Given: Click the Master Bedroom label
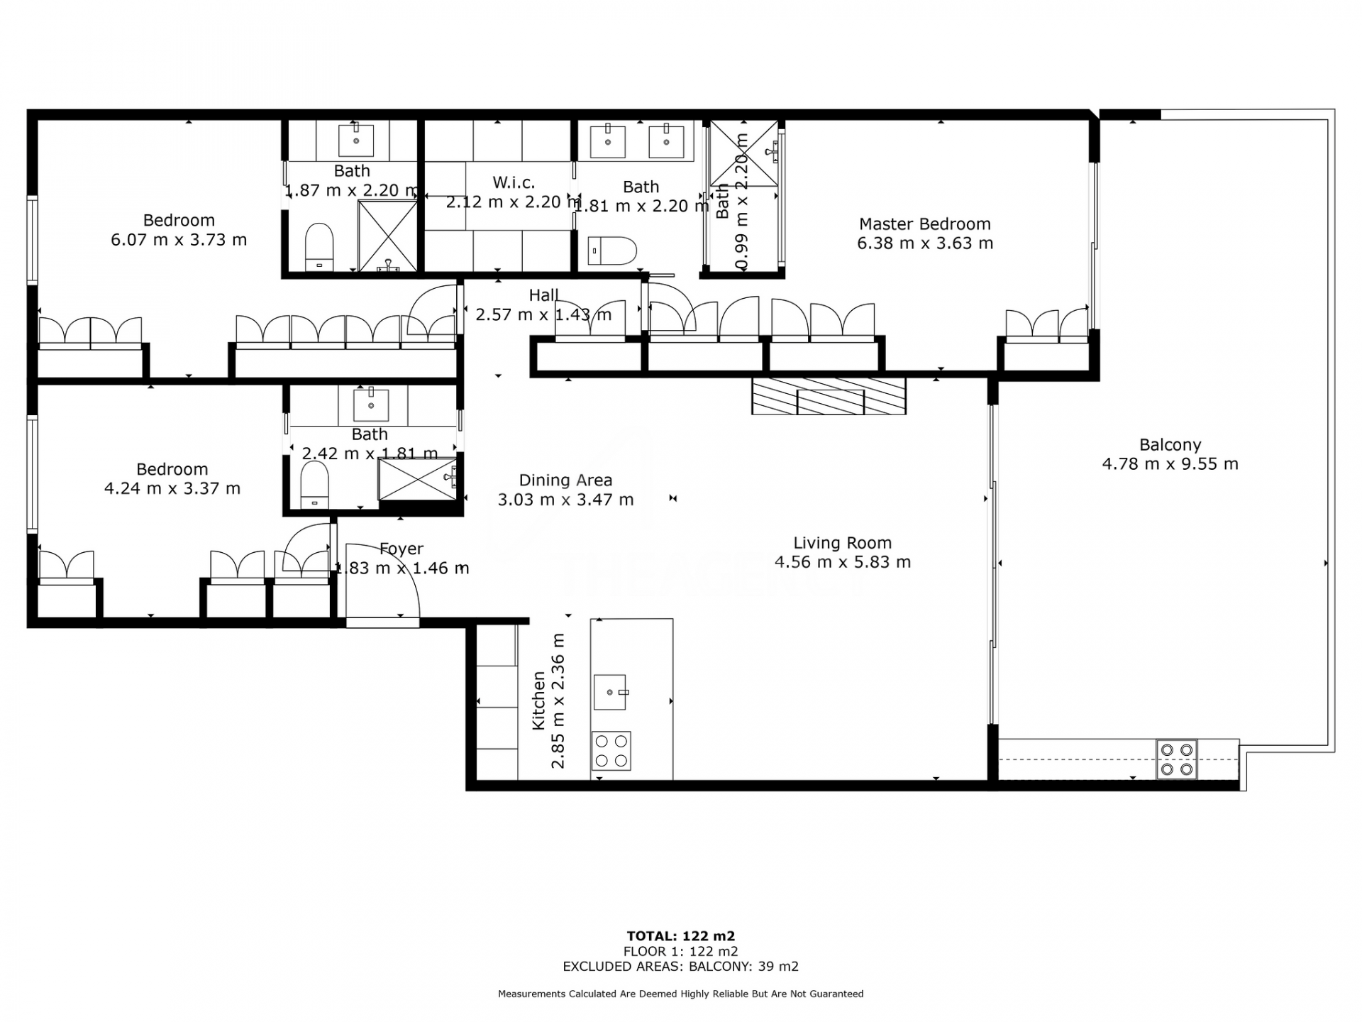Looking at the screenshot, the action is click(x=925, y=224).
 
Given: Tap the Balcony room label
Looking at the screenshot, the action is click(x=1170, y=445).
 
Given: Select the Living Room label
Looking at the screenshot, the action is click(x=842, y=543).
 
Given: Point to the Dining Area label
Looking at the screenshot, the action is click(x=565, y=480).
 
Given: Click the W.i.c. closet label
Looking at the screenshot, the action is click(x=514, y=182).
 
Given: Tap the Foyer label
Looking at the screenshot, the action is click(x=402, y=549).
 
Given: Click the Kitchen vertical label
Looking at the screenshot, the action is click(x=538, y=701).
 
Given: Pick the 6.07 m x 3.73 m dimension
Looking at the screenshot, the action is click(x=179, y=240).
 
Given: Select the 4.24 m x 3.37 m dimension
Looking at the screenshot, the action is click(x=172, y=488).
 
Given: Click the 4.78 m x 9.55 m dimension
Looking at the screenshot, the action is click(x=1170, y=464).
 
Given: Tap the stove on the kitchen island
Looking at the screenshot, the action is click(x=611, y=751).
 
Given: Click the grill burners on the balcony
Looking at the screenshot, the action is click(x=1177, y=759).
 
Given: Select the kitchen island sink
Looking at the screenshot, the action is click(x=610, y=692).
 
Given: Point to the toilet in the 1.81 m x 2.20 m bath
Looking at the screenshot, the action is click(x=613, y=251).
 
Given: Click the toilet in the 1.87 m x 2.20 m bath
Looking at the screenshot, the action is click(x=319, y=247).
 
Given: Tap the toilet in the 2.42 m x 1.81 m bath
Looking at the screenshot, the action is click(x=315, y=485).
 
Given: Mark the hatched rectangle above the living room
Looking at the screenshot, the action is click(x=829, y=396).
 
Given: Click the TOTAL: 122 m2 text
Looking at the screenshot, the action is click(x=681, y=936).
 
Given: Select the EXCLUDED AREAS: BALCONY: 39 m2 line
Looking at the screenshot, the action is click(x=681, y=967).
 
